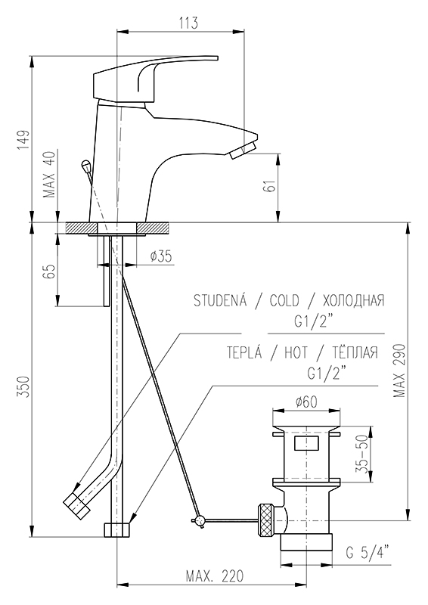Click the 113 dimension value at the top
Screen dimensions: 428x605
[188, 23]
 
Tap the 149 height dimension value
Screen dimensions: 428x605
[23, 140]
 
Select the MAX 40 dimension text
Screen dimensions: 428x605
[51, 173]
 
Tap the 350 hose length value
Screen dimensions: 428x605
[23, 386]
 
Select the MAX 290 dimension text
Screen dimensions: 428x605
[399, 371]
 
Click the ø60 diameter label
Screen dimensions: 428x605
[306, 402]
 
